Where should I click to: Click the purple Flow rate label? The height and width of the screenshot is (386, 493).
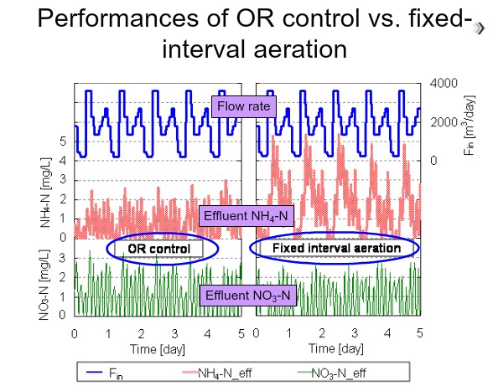coord(244,106)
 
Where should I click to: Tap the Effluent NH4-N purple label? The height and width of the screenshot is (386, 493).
coord(246,216)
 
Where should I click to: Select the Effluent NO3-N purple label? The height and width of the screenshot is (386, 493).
coord(248,296)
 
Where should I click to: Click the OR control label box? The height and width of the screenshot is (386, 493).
coord(158,249)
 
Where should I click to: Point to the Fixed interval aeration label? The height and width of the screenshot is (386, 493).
coord(336,248)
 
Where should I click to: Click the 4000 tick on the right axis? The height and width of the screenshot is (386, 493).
coord(444,83)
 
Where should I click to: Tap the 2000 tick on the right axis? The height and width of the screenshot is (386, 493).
coord(444,122)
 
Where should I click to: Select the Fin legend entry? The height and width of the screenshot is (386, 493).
coord(105,373)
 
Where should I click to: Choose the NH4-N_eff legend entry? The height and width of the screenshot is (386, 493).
coord(217,373)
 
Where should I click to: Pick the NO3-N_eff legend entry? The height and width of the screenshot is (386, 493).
coord(332,373)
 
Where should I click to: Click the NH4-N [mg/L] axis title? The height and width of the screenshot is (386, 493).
coord(45,193)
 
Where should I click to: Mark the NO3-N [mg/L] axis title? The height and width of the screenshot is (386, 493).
coord(44,285)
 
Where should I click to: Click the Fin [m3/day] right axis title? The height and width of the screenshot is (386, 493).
coord(470,125)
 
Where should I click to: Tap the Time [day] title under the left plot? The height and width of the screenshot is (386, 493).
coord(158,349)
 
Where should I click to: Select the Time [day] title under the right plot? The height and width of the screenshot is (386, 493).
coord(336,348)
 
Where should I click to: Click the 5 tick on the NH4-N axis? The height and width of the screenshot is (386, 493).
coord(63,142)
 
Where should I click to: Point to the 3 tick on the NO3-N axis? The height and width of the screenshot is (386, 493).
coord(63,258)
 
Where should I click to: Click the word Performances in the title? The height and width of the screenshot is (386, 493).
coord(118,18)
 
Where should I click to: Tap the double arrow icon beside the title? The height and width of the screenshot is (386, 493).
coord(479,28)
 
